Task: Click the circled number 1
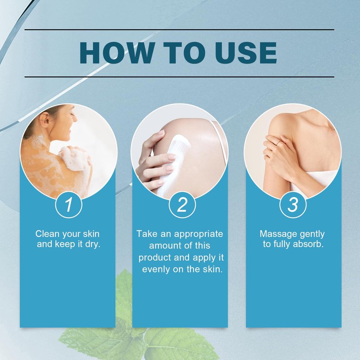click(x=69, y=204)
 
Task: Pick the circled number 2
click(x=182, y=204)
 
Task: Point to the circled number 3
click(x=293, y=204)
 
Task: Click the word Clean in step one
click(x=48, y=234)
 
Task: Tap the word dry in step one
click(x=93, y=244)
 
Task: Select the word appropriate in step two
click(x=198, y=234)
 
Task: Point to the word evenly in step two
click(x=156, y=269)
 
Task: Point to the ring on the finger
click(x=278, y=144)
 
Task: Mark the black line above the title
click(x=179, y=30)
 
